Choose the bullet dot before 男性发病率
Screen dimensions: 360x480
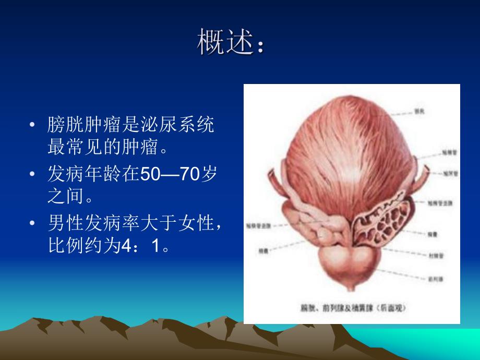coord(33,224)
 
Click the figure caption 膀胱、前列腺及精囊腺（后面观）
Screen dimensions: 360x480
coord(351,308)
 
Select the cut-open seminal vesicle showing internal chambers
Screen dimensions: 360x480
coord(378,222)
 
